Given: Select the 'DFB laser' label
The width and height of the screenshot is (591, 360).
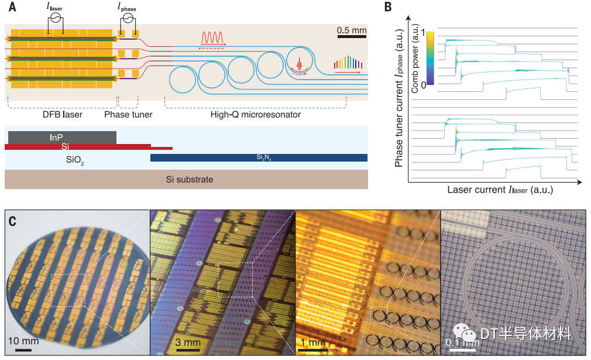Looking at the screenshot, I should [59, 115].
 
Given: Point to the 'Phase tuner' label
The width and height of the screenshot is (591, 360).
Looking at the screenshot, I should [128, 115].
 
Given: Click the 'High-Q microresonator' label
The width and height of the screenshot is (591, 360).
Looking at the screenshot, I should [256, 115].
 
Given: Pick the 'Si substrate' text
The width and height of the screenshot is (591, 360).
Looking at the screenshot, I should [187, 179].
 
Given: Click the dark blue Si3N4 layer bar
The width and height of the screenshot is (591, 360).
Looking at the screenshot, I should [259, 157].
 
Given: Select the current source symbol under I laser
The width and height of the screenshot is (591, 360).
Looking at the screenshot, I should [56, 18].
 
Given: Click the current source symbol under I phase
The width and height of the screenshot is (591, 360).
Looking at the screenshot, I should [128, 18].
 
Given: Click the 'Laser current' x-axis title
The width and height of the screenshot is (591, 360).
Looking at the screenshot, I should [500, 190].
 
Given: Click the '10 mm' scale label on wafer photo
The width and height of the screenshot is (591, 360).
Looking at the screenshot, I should [23, 341].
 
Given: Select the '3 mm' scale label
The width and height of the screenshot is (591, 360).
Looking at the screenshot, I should [188, 342].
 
